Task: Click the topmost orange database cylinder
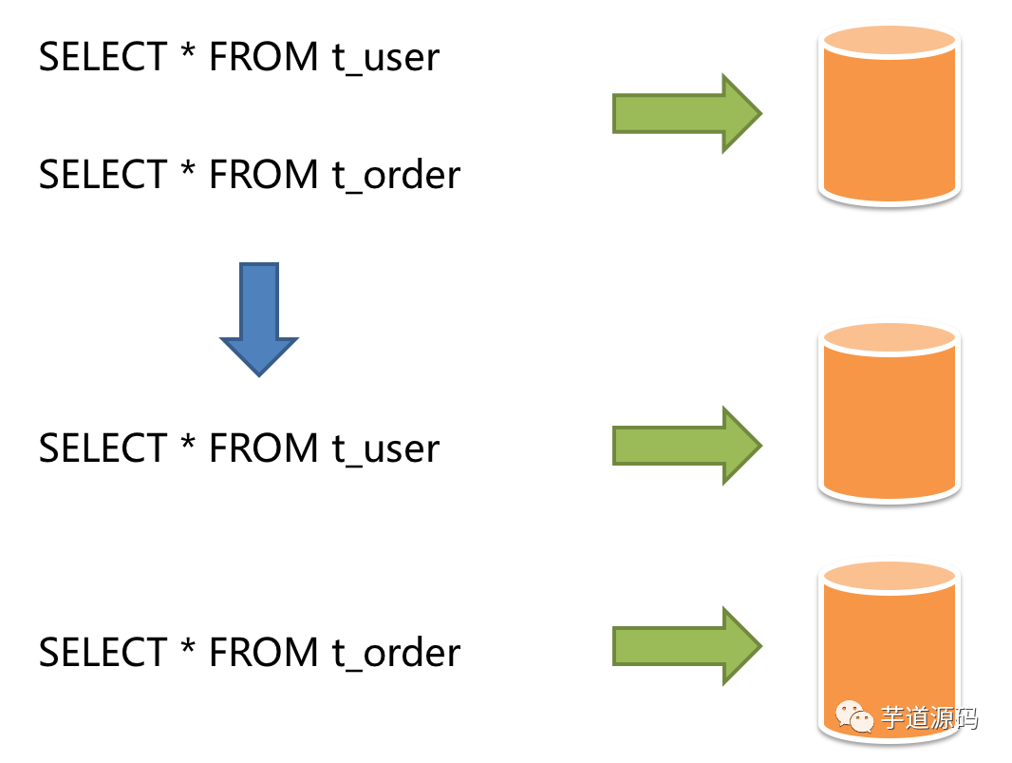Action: tap(890, 119)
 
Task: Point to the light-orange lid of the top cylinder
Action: tap(890, 39)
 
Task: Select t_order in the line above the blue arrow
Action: tap(396, 176)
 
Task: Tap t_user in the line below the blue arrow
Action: tap(385, 448)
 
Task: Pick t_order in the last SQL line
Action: tap(396, 653)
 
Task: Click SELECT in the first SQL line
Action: tap(102, 58)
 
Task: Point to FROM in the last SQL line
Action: tap(264, 652)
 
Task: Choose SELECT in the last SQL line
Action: tap(102, 652)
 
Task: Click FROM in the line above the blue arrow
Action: tap(264, 175)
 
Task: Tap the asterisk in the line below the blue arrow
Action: tap(187, 442)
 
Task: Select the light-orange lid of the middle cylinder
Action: tap(890, 336)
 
